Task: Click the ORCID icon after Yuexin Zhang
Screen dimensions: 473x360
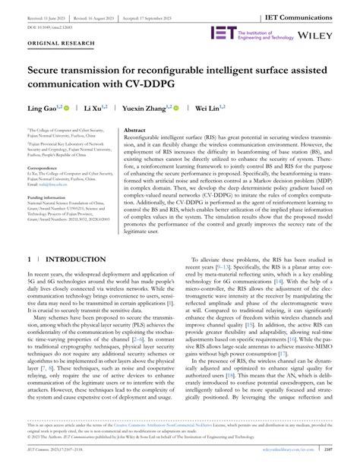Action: pyautogui.click(x=178, y=108)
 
